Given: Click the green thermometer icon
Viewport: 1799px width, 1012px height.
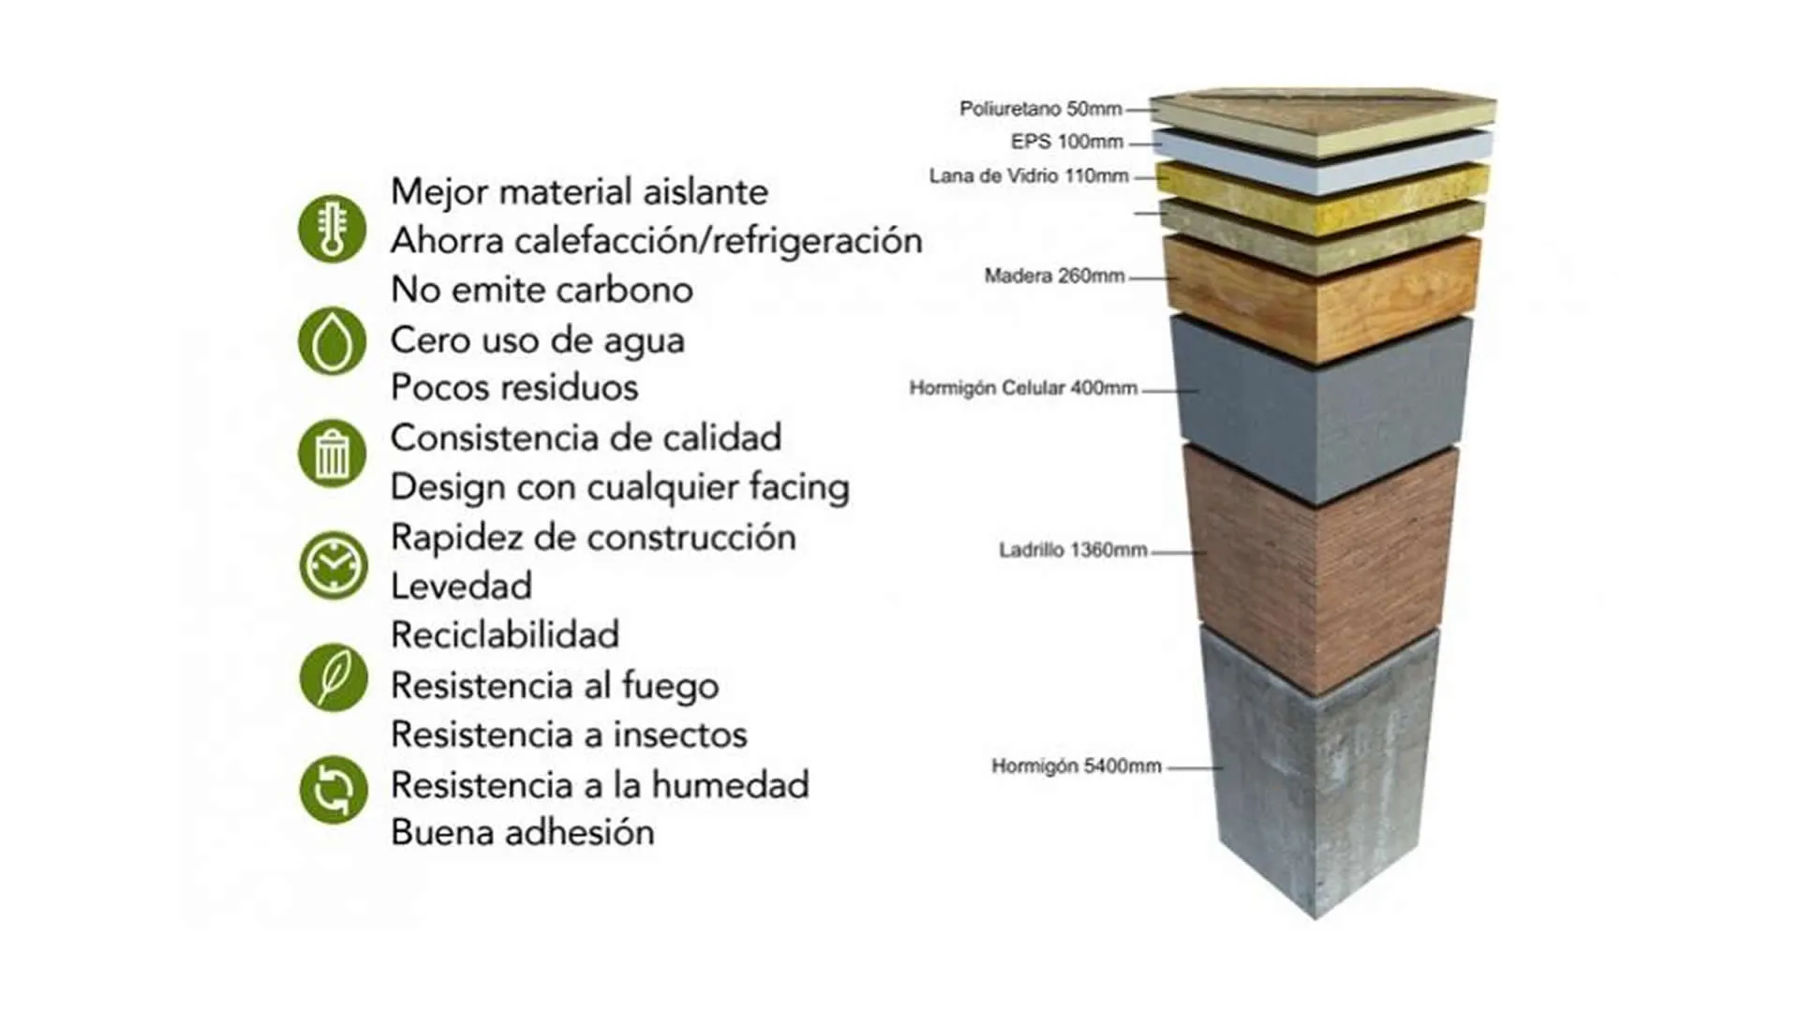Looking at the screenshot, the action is tap(332, 229).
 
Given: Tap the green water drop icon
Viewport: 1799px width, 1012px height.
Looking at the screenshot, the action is tap(332, 341).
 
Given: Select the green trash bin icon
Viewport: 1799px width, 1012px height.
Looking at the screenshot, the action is tap(332, 454).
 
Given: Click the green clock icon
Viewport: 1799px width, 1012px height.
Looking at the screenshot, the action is tap(333, 566).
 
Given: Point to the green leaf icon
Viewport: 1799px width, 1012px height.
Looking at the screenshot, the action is tap(333, 677).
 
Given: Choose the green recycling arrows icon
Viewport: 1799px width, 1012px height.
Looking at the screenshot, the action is tap(333, 790).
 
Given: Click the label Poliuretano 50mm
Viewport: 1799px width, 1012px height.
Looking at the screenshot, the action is tap(1040, 109).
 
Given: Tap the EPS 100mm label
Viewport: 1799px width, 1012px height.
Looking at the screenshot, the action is tap(1066, 141).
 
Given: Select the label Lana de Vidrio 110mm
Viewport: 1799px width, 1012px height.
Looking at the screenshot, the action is tap(1029, 176).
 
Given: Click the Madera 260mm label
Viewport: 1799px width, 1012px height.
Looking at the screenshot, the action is tap(1054, 275).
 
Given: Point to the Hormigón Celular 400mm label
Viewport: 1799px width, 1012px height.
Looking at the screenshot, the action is tap(1023, 388).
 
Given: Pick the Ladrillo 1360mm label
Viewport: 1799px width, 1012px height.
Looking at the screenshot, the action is tap(1073, 550).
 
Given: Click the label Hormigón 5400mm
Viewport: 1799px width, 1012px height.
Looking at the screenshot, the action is tap(1077, 766).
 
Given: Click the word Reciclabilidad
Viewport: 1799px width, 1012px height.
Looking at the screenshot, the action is tap(505, 635).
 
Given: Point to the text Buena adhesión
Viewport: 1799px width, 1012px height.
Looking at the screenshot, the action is tap(523, 833).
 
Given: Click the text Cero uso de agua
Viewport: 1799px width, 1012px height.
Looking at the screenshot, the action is tap(538, 340).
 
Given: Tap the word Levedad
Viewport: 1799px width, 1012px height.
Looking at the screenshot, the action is tap(461, 586).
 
